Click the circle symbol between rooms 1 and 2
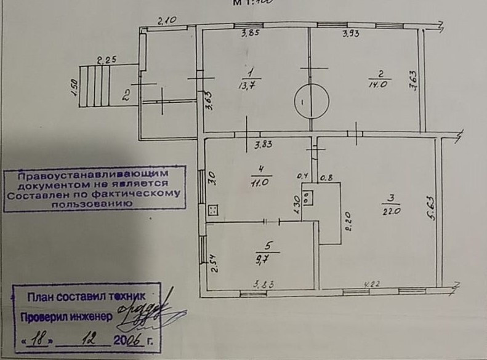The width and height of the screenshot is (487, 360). point(311,101)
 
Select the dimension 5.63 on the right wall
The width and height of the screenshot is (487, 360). point(432,208)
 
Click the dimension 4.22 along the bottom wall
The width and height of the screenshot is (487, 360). point(372,284)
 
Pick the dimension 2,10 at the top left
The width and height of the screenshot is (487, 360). point(167,21)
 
